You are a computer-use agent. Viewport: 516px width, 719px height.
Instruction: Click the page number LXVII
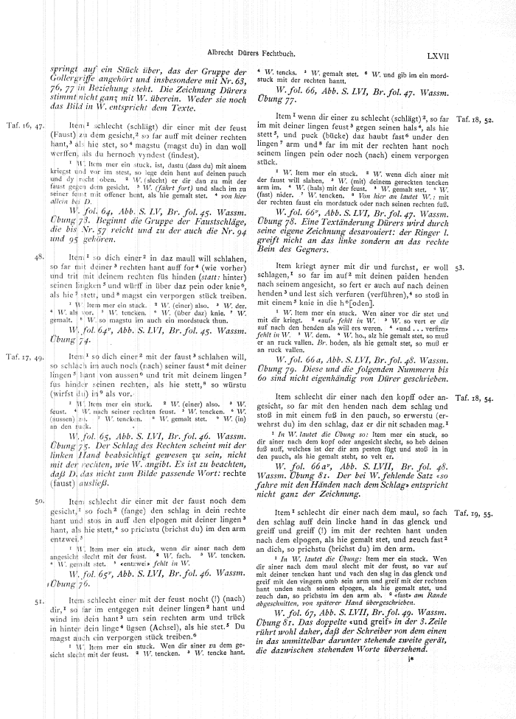point(484,55)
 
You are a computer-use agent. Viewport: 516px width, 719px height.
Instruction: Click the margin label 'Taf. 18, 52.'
point(475,119)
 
